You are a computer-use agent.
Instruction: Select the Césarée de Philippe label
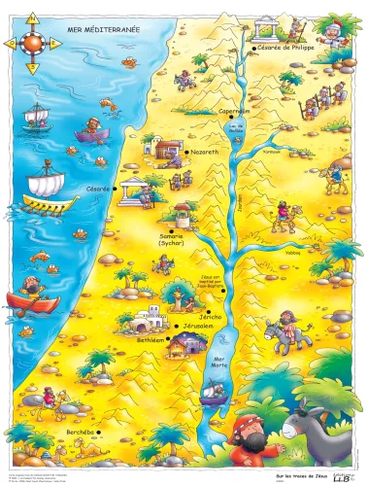286,47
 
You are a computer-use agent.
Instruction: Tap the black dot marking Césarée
114,189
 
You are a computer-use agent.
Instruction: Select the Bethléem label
143,341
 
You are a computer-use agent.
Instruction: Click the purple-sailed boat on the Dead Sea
215,394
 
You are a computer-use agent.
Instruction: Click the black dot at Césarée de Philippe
251,47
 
